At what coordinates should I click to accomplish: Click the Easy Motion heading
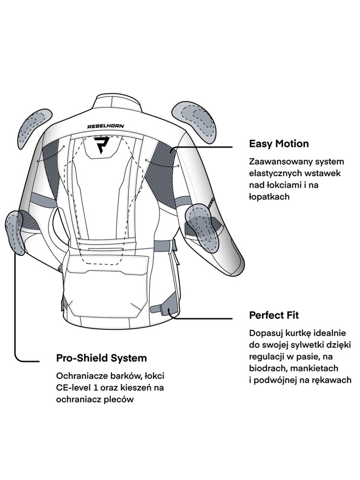point(279,144)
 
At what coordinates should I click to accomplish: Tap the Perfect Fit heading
point(274,315)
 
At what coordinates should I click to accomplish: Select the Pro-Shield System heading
point(102,358)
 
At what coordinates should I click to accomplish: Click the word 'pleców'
point(119,399)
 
